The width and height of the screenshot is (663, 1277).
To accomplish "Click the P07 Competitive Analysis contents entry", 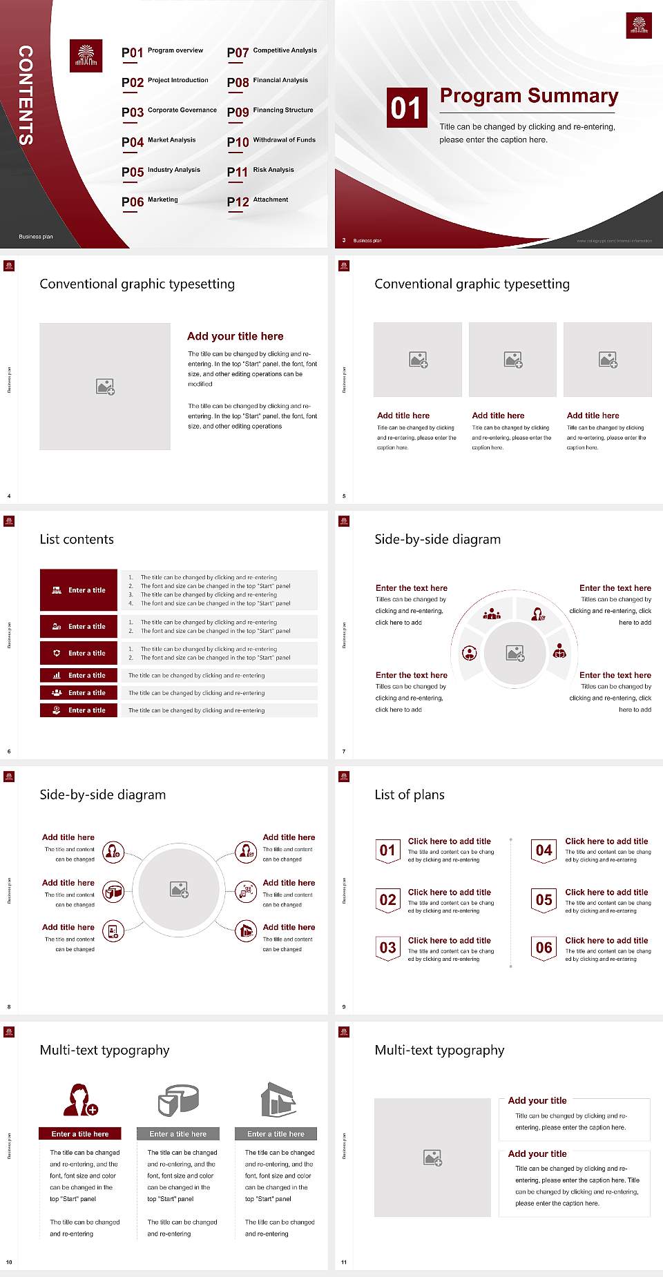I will tap(271, 52).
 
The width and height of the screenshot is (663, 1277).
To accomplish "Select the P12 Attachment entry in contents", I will tap(258, 201).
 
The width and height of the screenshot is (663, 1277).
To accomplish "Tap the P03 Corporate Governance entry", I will tap(169, 111).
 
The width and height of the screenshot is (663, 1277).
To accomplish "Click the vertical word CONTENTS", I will tap(26, 95).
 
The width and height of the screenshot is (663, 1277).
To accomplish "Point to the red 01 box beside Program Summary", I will tap(405, 108).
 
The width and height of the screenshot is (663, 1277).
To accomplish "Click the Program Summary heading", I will tap(529, 96).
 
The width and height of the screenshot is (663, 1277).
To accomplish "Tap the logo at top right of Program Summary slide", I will tap(639, 26).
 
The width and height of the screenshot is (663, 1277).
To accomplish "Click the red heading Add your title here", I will tap(235, 336).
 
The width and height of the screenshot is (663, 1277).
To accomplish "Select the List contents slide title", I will tap(77, 539).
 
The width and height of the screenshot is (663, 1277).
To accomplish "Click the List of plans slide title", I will tap(410, 795).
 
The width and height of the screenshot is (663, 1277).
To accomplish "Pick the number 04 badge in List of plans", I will tap(544, 851).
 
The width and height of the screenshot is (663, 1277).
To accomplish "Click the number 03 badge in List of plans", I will tap(387, 948).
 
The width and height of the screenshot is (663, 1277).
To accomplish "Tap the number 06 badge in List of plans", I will tap(544, 948).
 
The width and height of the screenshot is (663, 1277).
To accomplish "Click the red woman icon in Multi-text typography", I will tap(79, 1100).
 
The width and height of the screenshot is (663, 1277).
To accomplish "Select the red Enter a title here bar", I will tap(80, 1133).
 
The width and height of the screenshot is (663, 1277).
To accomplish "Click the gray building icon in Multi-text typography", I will tap(278, 1100).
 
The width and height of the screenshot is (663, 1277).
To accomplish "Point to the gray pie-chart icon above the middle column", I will tap(178, 1100).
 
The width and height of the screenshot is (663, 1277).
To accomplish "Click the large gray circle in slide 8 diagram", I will tap(179, 888).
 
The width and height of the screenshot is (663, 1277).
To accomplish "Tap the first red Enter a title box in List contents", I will tap(79, 590).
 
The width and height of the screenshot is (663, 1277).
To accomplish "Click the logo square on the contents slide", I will tap(86, 56).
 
